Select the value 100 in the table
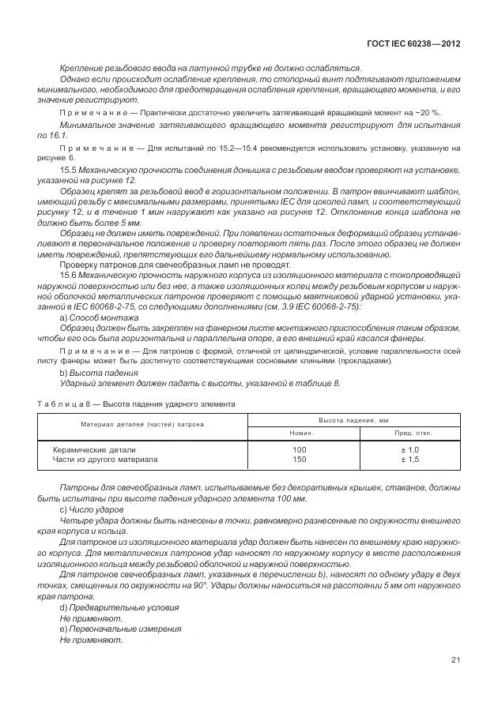(300, 449)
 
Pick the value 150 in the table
(300, 459)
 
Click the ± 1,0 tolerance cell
(409, 449)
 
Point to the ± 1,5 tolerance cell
(409, 459)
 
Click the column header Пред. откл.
(411, 433)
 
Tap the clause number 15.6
(69, 272)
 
